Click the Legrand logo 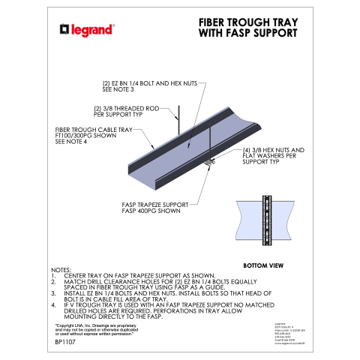(87, 30)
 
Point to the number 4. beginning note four (53, 305)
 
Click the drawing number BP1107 (66, 341)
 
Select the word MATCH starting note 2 (73, 281)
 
